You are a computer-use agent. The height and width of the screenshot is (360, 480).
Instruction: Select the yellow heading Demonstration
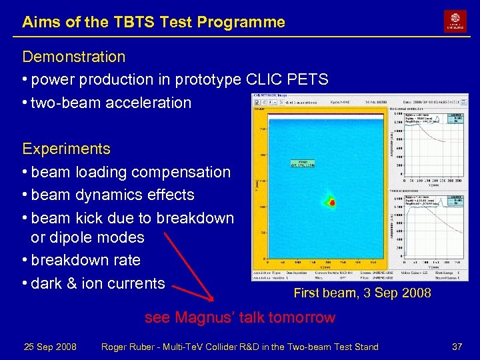(x=73, y=57)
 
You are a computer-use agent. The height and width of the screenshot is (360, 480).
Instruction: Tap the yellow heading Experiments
(x=66, y=148)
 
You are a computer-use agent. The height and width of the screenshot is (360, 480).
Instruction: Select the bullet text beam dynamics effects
(x=113, y=195)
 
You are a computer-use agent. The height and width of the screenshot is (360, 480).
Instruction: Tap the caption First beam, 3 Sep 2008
(x=362, y=293)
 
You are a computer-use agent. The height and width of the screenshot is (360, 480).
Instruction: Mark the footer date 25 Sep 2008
(x=50, y=347)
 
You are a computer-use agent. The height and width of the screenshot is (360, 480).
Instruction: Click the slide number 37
(x=457, y=347)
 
